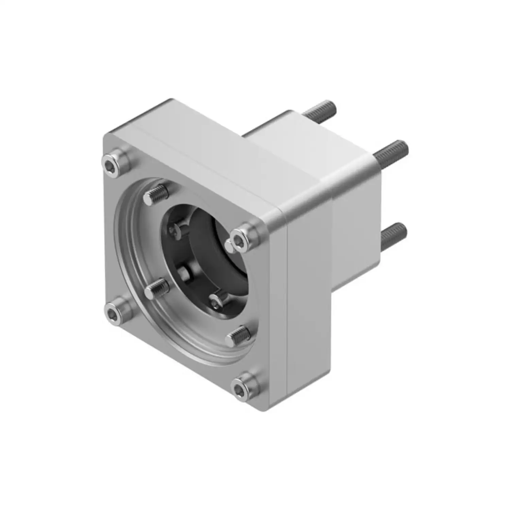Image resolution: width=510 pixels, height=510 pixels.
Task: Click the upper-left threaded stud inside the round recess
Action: click(x=156, y=195)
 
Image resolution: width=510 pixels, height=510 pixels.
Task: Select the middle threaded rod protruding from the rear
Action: click(x=391, y=150)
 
